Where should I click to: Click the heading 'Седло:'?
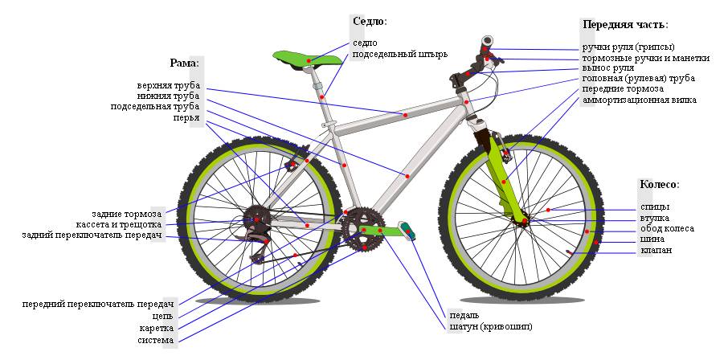click(x=370, y=21)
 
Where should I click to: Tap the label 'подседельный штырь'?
click(x=399, y=55)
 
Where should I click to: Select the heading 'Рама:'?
click(x=184, y=62)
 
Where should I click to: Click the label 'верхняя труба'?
click(x=169, y=85)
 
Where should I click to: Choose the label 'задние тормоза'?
click(x=126, y=214)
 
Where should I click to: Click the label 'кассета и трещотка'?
click(x=119, y=224)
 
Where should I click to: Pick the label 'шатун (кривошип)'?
click(x=490, y=326)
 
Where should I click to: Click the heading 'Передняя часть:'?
click(x=625, y=24)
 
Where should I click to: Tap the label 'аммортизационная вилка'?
click(x=640, y=100)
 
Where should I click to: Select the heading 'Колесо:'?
click(x=659, y=184)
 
